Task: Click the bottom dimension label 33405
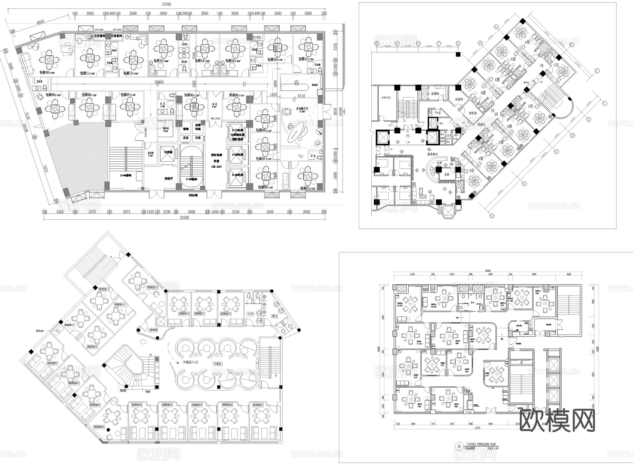[184, 218]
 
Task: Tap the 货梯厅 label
[169, 179]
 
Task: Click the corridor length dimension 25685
[159, 82]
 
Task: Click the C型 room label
[556, 65]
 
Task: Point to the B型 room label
[472, 171]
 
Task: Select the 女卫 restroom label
[250, 314]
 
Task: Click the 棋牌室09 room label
[257, 405]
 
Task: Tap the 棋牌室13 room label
[152, 287]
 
